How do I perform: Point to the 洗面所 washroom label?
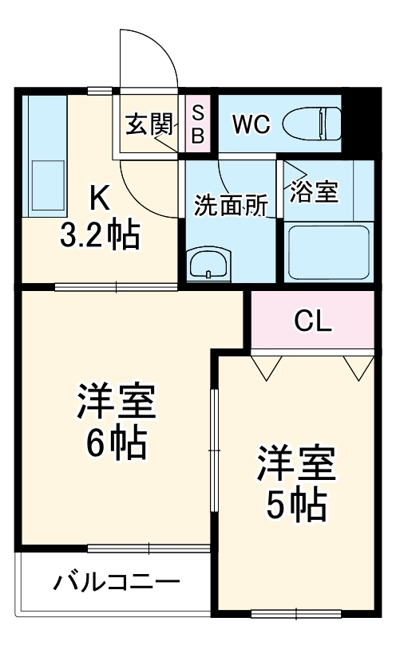pyautogui.click(x=231, y=206)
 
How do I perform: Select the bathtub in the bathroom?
pyautogui.click(x=327, y=250)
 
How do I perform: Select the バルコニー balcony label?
pyautogui.click(x=116, y=583)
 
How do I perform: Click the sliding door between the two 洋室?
pyautogui.click(x=213, y=451)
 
